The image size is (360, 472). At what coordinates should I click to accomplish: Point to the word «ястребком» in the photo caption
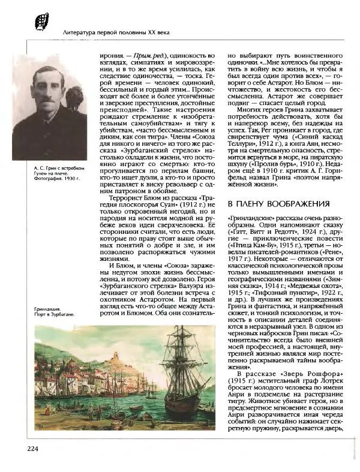coord(72,167)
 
